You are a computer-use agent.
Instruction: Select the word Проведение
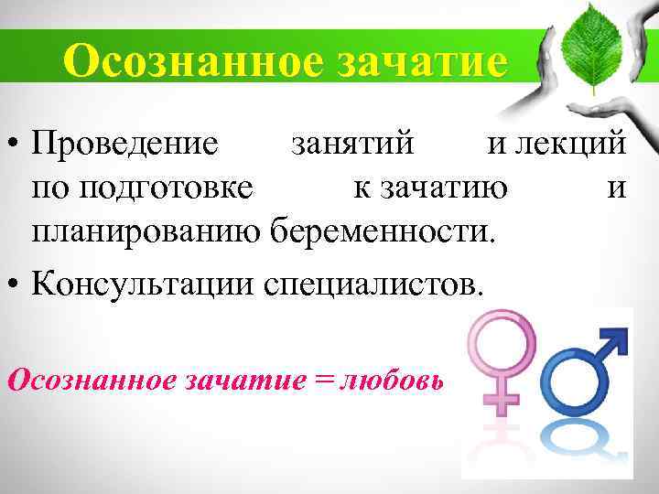(x=124, y=144)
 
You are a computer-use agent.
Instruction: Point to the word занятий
(x=351, y=144)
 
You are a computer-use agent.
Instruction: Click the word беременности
(x=383, y=233)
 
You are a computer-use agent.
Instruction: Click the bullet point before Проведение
(x=13, y=145)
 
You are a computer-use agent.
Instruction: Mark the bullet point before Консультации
(x=13, y=281)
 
